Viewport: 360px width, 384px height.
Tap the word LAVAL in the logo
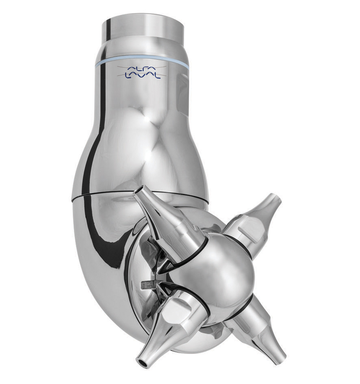tap(143, 76)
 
